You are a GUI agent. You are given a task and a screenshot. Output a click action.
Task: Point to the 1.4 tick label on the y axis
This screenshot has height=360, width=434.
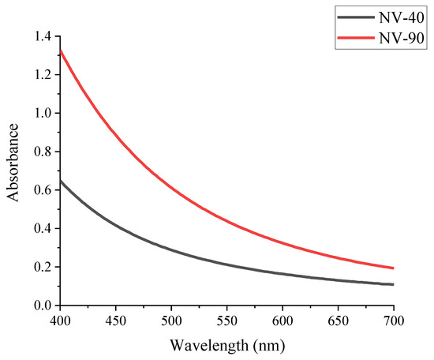pyautogui.click(x=42, y=36)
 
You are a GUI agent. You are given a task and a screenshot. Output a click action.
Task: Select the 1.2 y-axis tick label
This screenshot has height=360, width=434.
pyautogui.click(x=42, y=75)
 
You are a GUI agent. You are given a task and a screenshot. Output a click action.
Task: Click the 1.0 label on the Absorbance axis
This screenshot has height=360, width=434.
pyautogui.click(x=42, y=113)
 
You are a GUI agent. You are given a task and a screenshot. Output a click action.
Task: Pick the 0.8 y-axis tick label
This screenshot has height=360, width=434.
pyautogui.click(x=42, y=152)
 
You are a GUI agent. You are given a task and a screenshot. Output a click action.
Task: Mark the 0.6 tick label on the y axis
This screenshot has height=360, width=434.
pyautogui.click(x=42, y=190)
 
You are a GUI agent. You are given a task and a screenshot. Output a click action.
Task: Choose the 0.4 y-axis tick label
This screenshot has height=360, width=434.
pyautogui.click(x=42, y=229)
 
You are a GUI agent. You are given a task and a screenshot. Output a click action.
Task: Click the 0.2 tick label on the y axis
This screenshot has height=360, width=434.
pyautogui.click(x=42, y=267)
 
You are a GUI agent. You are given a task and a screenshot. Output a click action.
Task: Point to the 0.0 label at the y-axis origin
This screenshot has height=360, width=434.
pyautogui.click(x=42, y=306)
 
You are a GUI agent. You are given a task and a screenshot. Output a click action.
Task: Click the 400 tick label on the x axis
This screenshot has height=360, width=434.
pyautogui.click(x=59, y=321)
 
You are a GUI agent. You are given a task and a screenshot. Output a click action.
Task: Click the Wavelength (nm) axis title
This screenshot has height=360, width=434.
pyautogui.click(x=226, y=345)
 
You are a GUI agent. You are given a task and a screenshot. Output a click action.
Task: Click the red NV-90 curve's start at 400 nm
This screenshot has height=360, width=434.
pyautogui.click(x=60, y=51)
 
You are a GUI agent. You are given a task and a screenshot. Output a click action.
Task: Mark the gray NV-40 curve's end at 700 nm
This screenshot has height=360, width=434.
pyautogui.click(x=392, y=284)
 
